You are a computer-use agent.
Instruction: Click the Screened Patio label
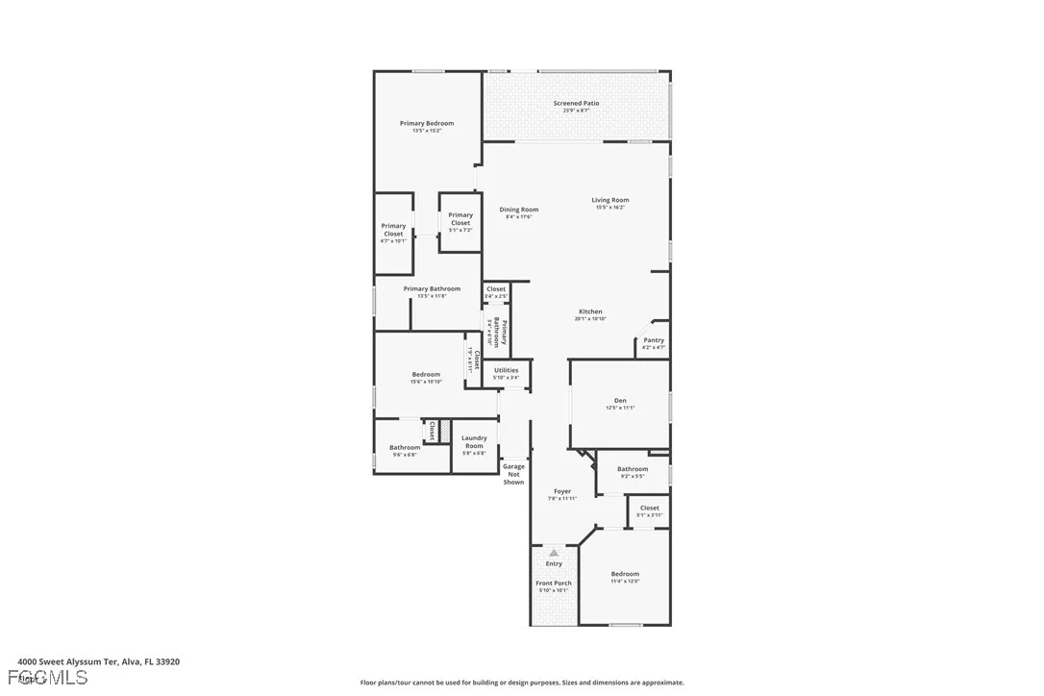click(576, 103)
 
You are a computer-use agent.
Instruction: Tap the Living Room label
click(610, 200)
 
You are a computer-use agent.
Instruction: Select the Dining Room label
click(519, 210)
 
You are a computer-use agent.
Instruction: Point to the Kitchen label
click(590, 311)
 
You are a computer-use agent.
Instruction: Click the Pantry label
click(654, 340)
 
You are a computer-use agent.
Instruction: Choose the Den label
click(620, 401)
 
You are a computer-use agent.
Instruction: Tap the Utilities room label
click(506, 370)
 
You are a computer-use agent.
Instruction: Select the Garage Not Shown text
click(514, 474)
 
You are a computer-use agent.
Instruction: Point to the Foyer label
click(562, 491)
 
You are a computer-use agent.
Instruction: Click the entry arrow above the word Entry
click(554, 553)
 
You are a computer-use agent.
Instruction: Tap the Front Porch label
click(554, 584)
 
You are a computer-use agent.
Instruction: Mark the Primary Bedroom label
click(427, 123)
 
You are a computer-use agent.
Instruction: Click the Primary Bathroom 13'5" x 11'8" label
click(432, 288)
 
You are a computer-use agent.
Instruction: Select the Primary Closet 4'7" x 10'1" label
click(393, 230)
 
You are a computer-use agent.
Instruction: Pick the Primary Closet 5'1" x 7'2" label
click(460, 219)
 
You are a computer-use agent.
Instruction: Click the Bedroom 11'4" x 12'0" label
click(625, 574)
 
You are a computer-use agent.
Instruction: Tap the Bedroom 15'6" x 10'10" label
click(426, 375)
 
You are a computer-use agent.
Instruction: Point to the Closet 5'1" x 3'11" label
click(650, 508)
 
